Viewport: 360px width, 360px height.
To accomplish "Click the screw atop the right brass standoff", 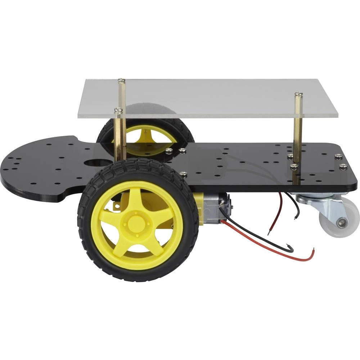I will [298, 95].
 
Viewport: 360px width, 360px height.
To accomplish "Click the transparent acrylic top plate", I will [216, 97].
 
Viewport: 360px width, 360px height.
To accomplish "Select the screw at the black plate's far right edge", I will [343, 167].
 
